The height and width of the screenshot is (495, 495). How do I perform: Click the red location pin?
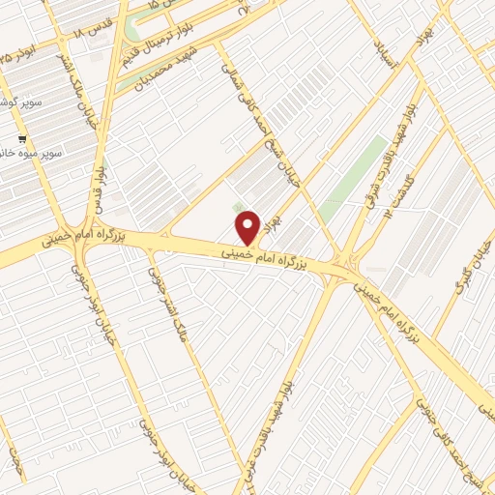click(248, 227)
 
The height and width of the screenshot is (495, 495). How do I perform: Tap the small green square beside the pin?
click(238, 208)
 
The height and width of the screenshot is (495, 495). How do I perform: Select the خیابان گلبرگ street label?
click(471, 261)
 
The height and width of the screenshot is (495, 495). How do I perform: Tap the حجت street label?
click(15, 454)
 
